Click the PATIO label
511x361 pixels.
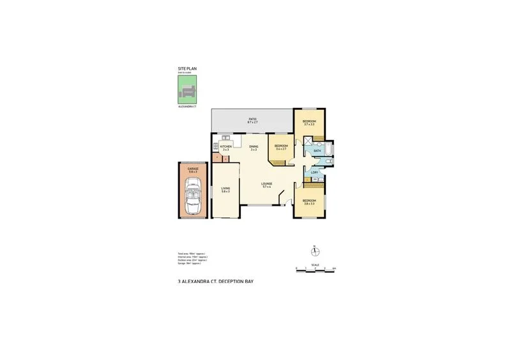[253, 119]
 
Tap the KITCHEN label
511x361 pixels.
[225, 148]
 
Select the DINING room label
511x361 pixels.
[254, 148]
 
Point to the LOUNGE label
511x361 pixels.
[266, 185]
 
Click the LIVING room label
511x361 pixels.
[225, 190]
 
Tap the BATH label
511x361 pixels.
[317, 151]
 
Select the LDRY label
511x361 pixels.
[314, 173]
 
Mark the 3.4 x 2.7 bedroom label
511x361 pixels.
[281, 148]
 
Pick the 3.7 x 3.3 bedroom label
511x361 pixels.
[309, 122]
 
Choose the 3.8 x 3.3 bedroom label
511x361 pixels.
[309, 203]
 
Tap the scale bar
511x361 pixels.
[316, 272]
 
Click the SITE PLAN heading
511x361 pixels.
[187, 68]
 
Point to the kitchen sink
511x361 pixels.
[224, 138]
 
